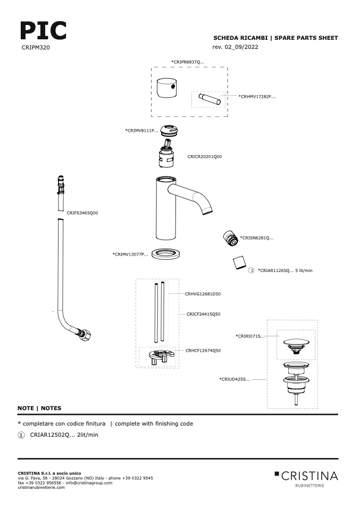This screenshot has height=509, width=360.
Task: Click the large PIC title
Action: [43, 30]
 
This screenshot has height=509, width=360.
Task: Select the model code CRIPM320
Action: [36, 47]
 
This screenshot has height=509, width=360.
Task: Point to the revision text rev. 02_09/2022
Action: [235, 47]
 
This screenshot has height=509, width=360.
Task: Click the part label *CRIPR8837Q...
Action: [188, 62]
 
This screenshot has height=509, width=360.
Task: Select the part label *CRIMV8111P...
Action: [141, 131]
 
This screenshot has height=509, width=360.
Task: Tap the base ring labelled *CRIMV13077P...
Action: [166, 254]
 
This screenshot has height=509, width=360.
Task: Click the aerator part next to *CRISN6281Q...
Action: [231, 238]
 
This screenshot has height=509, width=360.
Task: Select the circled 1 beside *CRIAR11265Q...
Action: [251, 270]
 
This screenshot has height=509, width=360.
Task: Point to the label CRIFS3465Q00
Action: [82, 213]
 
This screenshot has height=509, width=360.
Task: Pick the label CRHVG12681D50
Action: [203, 294]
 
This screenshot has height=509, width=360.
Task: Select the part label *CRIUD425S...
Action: [235, 379]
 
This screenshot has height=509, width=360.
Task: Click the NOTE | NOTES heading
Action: [39, 408]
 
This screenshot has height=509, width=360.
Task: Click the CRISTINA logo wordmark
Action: [309, 476]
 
